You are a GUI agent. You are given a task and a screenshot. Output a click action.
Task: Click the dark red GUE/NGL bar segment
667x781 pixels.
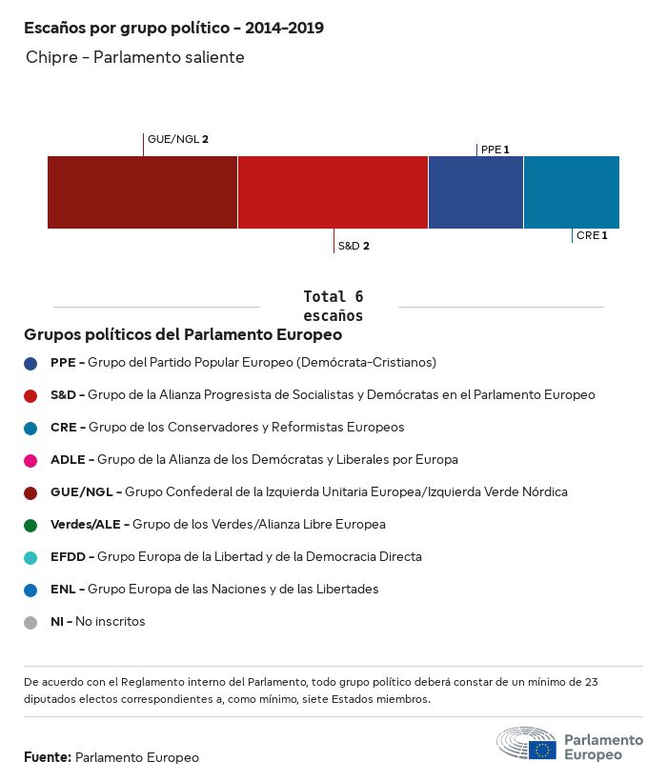click(142, 192)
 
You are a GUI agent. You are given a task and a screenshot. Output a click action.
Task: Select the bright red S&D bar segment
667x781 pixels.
click(333, 192)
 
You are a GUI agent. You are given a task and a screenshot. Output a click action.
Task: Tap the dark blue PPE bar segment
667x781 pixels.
click(475, 192)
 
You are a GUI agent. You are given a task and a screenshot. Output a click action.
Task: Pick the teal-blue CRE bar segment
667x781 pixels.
click(571, 192)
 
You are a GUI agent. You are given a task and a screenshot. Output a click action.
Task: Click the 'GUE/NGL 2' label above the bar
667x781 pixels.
click(178, 139)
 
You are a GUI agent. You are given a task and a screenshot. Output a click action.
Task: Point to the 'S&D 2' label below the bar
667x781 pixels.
click(354, 246)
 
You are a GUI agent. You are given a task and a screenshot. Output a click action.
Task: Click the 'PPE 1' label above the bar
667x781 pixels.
click(495, 150)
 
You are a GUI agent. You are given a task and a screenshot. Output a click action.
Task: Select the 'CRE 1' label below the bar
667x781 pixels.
click(592, 235)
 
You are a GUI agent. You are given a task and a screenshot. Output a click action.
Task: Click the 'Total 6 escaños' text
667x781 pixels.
click(333, 306)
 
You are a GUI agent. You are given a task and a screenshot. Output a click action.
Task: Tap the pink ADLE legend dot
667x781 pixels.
click(30, 460)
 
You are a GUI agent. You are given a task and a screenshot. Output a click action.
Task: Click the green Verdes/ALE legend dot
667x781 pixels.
click(30, 525)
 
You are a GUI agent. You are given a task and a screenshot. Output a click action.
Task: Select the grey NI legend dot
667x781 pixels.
click(30, 622)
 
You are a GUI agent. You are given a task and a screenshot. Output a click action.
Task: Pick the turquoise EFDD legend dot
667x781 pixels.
click(30, 557)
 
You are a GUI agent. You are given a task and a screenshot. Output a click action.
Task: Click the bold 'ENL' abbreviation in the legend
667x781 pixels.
click(61, 590)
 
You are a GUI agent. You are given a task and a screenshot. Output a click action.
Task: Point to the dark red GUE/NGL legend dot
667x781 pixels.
click(30, 492)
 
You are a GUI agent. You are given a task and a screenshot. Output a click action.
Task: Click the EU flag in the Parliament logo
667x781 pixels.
click(542, 750)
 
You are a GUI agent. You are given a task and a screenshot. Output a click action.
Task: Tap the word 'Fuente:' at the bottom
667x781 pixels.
click(48, 757)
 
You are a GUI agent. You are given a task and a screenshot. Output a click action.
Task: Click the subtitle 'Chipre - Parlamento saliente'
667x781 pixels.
click(135, 58)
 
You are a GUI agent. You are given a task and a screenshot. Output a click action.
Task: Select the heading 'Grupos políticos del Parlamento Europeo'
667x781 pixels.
click(183, 335)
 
